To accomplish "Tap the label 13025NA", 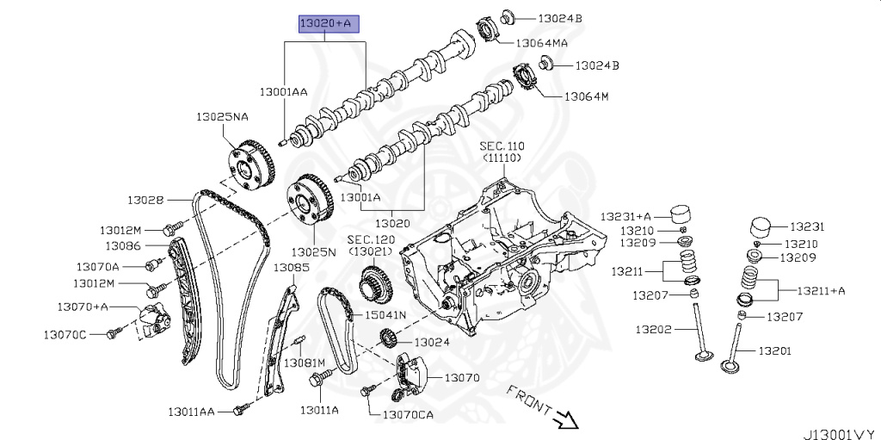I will (x=221, y=115).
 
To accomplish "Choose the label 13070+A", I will (x=83, y=306).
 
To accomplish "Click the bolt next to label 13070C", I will (x=113, y=333).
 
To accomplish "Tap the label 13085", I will (x=291, y=268).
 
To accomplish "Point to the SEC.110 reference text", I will (x=502, y=147).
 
